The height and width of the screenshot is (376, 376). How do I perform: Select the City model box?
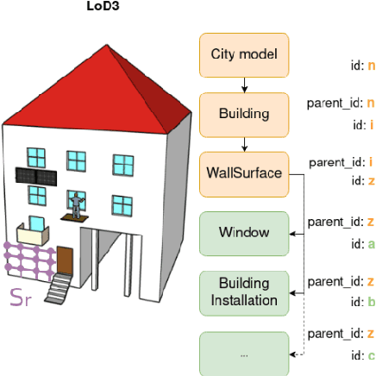click(244, 54)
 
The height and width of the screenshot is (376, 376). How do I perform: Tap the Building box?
click(244, 113)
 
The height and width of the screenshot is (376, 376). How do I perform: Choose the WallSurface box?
click(244, 172)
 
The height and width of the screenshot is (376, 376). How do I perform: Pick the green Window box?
click(244, 232)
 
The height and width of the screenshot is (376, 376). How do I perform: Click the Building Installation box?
click(244, 291)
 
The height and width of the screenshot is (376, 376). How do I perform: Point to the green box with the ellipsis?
click(244, 352)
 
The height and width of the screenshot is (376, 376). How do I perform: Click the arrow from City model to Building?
click(244, 84)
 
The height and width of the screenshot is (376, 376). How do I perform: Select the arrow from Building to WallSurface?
click(244, 143)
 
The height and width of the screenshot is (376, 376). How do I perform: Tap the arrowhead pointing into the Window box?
click(294, 233)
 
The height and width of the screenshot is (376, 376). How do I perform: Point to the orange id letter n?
click(371, 65)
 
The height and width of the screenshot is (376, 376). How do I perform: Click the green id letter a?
click(371, 244)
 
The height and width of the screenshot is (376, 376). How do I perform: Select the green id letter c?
click(371, 355)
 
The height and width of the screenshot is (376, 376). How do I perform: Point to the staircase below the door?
click(59, 288)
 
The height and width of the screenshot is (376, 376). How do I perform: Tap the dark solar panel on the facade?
click(37, 176)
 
